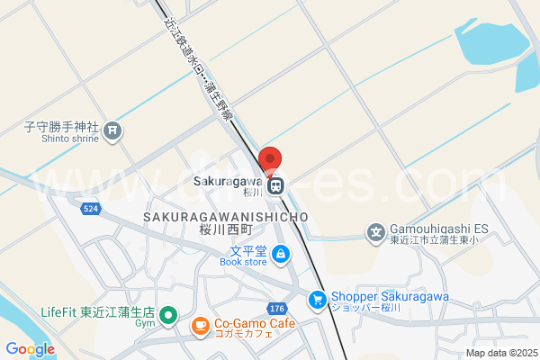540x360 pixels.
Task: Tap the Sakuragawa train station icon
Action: (278, 186)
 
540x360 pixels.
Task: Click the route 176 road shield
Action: (277, 308)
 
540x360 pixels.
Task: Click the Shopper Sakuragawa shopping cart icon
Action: (317, 299)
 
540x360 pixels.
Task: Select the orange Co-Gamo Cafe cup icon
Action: (199, 324)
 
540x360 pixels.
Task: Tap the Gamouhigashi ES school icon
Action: (375, 232)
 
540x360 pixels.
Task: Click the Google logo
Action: (30, 349)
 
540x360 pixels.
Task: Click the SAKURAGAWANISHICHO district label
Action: (225, 217)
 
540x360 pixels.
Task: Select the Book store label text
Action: (243, 262)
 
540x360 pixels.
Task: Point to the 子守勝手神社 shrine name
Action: (61, 127)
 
